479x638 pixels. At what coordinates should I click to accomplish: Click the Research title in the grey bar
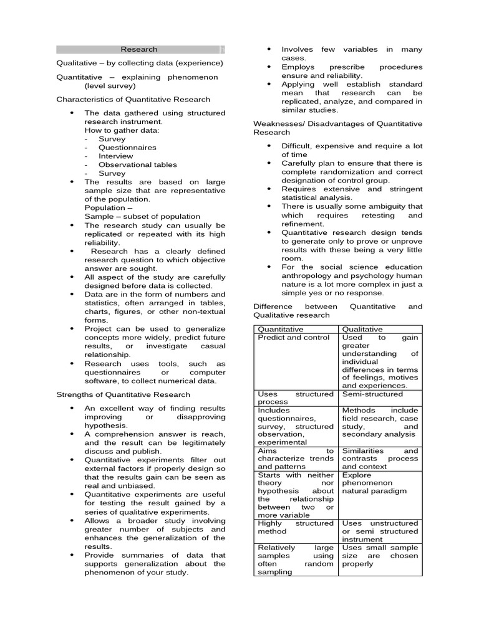pos(139,49)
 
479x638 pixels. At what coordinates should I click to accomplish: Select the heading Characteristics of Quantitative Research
pos(133,99)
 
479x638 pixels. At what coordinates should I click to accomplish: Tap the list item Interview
pos(115,156)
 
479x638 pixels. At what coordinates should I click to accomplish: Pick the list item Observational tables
pos(137,165)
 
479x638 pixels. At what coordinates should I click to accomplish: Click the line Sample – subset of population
pos(142,217)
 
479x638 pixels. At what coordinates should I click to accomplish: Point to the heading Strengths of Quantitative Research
pos(123,394)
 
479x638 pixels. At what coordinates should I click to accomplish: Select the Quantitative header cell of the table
pos(281,329)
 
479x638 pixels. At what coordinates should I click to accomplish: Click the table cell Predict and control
pos(294,337)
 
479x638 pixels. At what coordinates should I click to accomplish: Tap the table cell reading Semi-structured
pos(372,394)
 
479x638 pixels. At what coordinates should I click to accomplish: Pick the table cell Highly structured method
pos(296,528)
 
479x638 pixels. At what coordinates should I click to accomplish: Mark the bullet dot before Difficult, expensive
pos(269,146)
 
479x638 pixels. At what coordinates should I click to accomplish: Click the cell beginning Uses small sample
pos(380,556)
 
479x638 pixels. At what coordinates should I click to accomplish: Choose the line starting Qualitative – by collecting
pos(139,64)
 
